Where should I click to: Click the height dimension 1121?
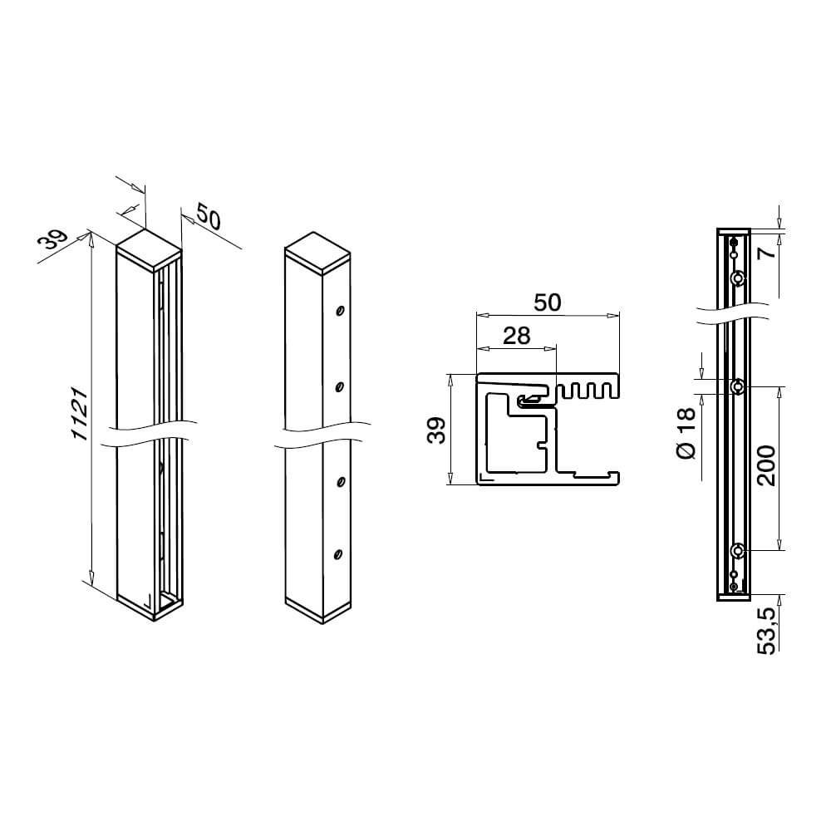[x=80, y=414]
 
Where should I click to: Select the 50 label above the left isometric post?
[x=209, y=216]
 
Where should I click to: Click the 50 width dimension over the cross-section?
[x=547, y=302]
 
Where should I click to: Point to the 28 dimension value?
[x=516, y=336]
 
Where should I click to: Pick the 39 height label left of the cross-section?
[x=436, y=430]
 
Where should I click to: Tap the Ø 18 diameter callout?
[x=686, y=433]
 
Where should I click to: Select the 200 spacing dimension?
[x=766, y=466]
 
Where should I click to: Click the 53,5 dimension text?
[x=767, y=631]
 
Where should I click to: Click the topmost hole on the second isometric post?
[x=340, y=311]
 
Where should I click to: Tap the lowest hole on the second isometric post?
[x=337, y=555]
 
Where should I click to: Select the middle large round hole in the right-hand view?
[x=737, y=387]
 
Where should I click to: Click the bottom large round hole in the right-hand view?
[x=737, y=551]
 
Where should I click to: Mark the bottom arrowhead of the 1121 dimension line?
[x=91, y=578]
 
